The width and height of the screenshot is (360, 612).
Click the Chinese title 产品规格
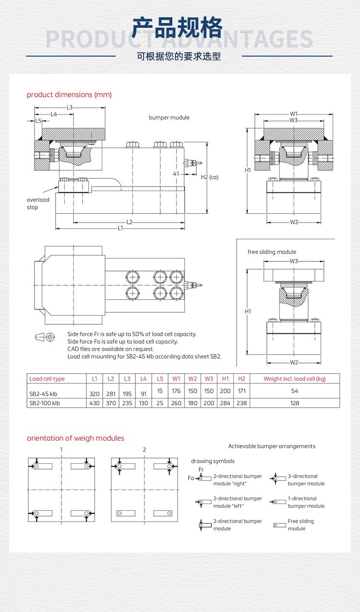177,28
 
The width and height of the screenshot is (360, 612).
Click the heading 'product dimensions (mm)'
69,94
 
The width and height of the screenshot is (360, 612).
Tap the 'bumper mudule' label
169,118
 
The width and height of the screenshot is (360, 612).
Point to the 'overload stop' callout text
38,203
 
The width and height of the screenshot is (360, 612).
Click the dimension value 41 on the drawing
176,174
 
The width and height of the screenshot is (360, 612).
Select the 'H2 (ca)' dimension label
209,177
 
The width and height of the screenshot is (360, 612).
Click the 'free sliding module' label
272,252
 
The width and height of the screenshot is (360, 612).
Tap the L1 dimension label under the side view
120,228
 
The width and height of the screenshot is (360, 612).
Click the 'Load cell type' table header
47,378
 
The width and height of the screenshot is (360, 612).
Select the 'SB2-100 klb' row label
45,403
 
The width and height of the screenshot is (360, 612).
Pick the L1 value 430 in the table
94,403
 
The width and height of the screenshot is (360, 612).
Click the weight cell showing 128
295,403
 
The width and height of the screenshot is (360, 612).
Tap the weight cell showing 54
295,391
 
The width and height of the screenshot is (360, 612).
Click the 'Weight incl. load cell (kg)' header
295,378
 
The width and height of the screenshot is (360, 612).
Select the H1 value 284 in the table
225,403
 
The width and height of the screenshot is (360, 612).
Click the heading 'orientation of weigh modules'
75,438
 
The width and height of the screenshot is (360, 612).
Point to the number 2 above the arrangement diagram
144,449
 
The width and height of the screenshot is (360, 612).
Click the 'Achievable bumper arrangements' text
272,446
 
